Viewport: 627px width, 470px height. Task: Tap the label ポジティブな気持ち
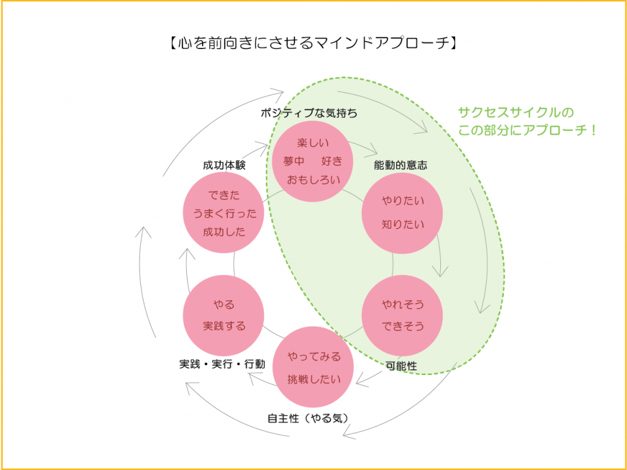pos(309,114)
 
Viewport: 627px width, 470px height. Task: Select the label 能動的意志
pos(400,165)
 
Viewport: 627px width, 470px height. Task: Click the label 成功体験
pos(224,165)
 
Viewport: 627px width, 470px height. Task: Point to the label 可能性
pos(402,365)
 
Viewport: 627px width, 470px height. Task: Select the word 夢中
pos(294,161)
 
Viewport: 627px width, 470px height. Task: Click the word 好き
pos(332,161)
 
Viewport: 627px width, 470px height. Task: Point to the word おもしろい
pos(313,180)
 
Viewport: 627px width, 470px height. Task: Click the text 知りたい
pos(403,224)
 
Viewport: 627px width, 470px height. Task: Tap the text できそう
pos(403,327)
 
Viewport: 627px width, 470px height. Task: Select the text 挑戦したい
pos(314,379)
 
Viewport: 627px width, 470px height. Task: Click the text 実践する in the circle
pos(224,326)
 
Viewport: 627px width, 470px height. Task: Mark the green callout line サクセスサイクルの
pos(516,112)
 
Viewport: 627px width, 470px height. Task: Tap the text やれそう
pos(403,305)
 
